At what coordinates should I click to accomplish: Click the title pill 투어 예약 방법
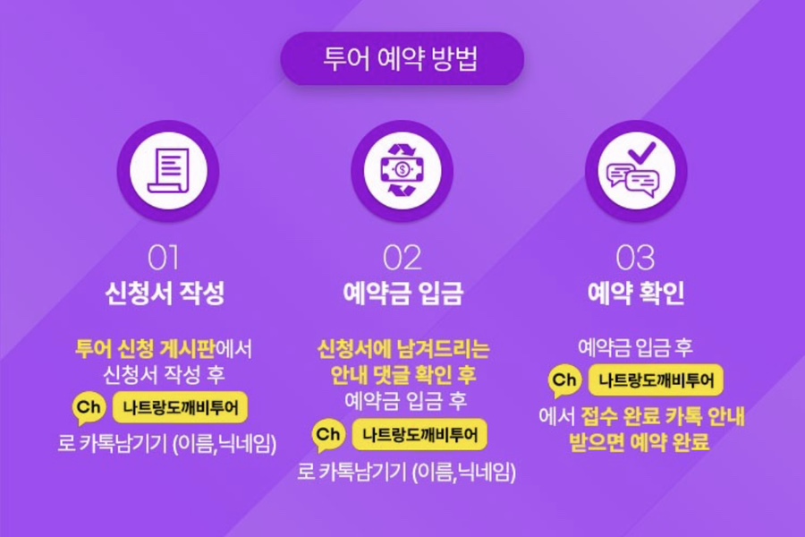[402, 58]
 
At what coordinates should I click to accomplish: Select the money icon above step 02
[402, 170]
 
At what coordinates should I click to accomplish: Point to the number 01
[164, 258]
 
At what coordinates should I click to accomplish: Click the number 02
[402, 258]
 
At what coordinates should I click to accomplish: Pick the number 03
[636, 258]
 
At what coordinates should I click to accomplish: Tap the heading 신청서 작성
[165, 293]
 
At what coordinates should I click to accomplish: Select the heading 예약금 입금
[403, 293]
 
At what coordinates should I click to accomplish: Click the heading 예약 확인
[636, 293]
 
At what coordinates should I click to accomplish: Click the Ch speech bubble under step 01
[89, 408]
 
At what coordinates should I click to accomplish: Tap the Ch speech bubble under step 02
[328, 436]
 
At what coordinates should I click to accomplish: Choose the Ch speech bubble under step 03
[564, 381]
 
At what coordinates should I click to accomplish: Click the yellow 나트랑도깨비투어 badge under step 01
[180, 407]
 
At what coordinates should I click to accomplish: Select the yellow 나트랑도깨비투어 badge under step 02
[419, 435]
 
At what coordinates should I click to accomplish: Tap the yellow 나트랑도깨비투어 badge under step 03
[657, 380]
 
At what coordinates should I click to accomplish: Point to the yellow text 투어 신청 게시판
[145, 349]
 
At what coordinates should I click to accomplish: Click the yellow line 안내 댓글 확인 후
[403, 375]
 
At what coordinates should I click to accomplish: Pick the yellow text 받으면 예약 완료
[640, 442]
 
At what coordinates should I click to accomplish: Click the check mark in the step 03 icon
[641, 152]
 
